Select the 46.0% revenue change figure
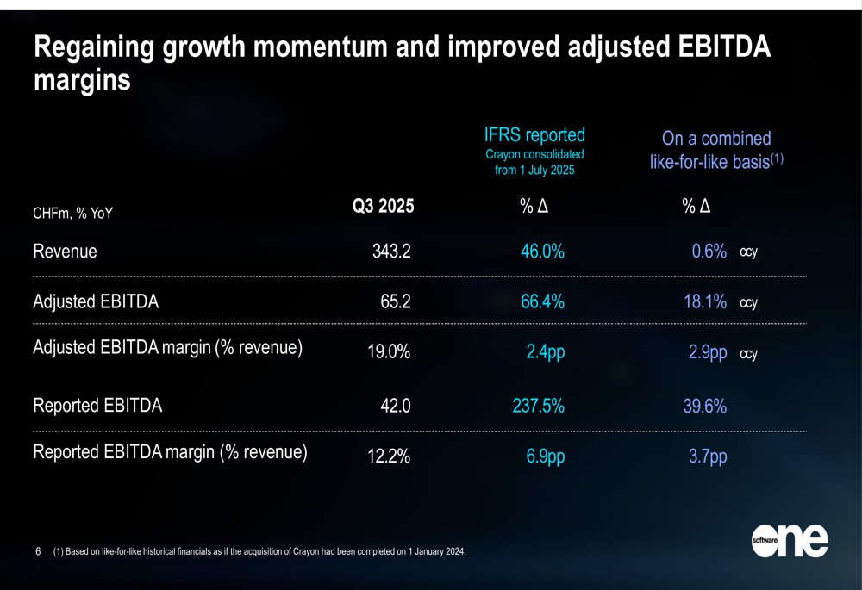point(542,252)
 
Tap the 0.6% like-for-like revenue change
point(709,252)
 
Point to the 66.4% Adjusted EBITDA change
point(542,302)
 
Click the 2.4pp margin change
point(545,353)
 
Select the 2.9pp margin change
point(707,353)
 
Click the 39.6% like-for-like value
point(704,406)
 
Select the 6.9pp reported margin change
point(545,457)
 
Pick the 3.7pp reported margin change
point(707,457)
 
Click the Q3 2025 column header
point(382,207)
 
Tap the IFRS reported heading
point(534,134)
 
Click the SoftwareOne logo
point(789,540)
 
